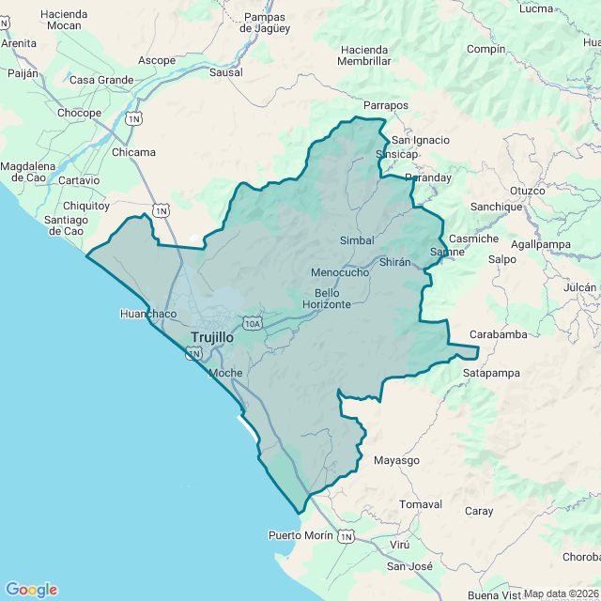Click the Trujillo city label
click(x=212, y=337)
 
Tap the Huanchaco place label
click(x=148, y=314)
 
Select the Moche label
click(x=225, y=373)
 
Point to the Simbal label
click(x=357, y=240)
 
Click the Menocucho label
click(x=340, y=272)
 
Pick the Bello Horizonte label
click(x=327, y=299)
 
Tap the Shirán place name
click(x=395, y=262)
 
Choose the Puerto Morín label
click(x=300, y=535)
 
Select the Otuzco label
click(x=528, y=191)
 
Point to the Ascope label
click(x=157, y=60)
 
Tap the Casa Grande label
click(x=101, y=80)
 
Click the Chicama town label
click(x=134, y=152)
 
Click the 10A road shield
click(x=252, y=323)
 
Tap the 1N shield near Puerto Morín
click(x=347, y=536)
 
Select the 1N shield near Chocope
click(x=134, y=119)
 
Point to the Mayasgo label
click(x=396, y=460)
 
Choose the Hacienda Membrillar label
click(x=365, y=55)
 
